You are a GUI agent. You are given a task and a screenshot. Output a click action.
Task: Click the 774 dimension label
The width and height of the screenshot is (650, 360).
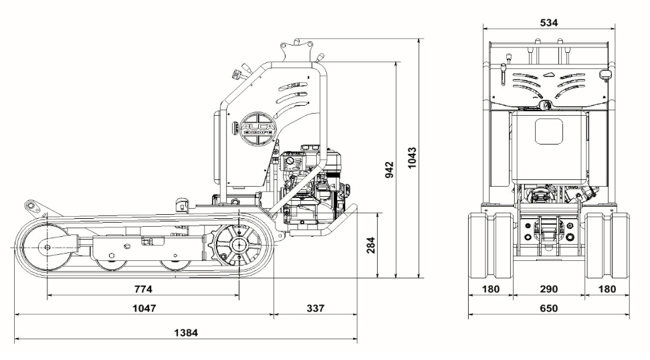coord(143,289)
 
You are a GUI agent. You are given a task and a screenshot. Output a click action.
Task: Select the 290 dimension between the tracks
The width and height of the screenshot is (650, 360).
coord(549,289)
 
